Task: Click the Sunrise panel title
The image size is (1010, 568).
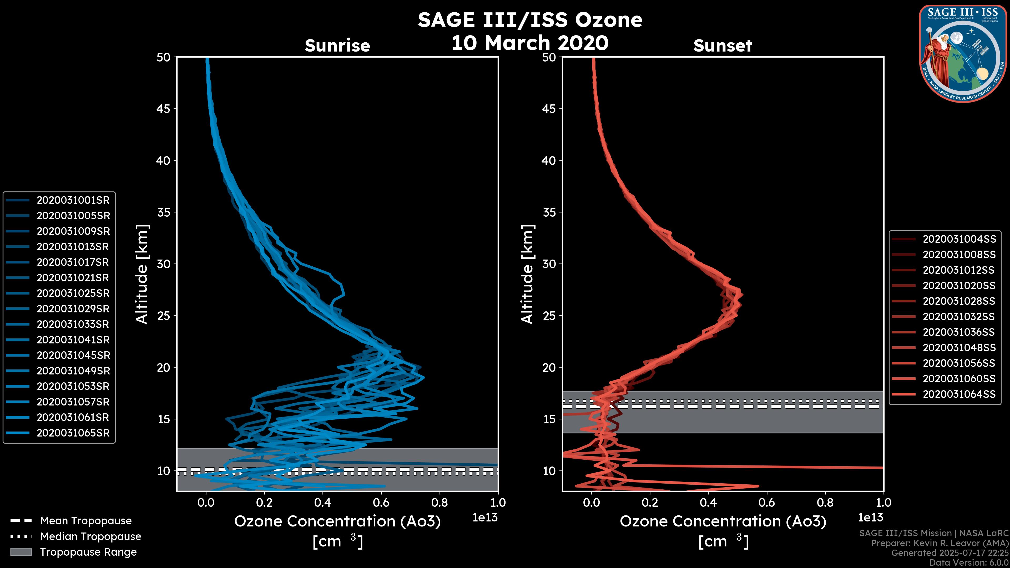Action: pyautogui.click(x=337, y=46)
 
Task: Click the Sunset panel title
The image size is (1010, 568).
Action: pyautogui.click(x=723, y=46)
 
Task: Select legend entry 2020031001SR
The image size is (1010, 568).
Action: pyautogui.click(x=73, y=200)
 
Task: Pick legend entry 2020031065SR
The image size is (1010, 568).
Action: pyautogui.click(x=73, y=433)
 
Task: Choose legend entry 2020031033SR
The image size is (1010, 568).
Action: pyautogui.click(x=73, y=324)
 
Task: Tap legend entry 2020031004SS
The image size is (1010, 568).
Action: pyautogui.click(x=959, y=239)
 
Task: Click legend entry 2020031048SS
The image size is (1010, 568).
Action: pyautogui.click(x=959, y=348)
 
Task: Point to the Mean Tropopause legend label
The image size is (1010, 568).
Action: pyautogui.click(x=86, y=521)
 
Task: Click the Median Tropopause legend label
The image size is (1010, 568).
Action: pyautogui.click(x=90, y=537)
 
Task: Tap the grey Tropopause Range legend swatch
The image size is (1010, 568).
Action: pyautogui.click(x=21, y=552)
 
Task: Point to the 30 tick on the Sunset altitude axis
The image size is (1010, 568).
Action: pyautogui.click(x=549, y=264)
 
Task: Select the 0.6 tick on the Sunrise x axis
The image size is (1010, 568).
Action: pyautogui.click(x=381, y=503)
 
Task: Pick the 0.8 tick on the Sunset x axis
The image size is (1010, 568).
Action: pyautogui.click(x=825, y=503)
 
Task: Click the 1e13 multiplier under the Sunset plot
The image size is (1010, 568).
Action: pyautogui.click(x=870, y=518)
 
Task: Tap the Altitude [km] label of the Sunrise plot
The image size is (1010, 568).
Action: pyautogui.click(x=142, y=274)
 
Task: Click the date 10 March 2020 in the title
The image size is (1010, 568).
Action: pyautogui.click(x=530, y=43)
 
